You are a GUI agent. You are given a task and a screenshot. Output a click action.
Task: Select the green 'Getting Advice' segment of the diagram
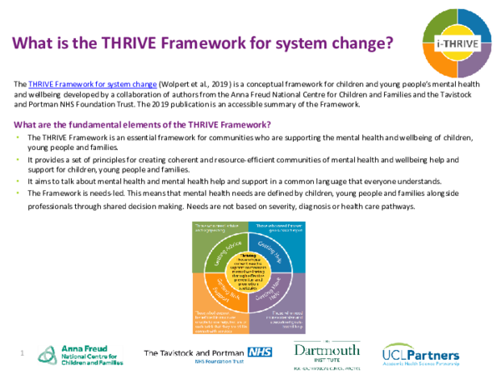pos(215,247)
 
